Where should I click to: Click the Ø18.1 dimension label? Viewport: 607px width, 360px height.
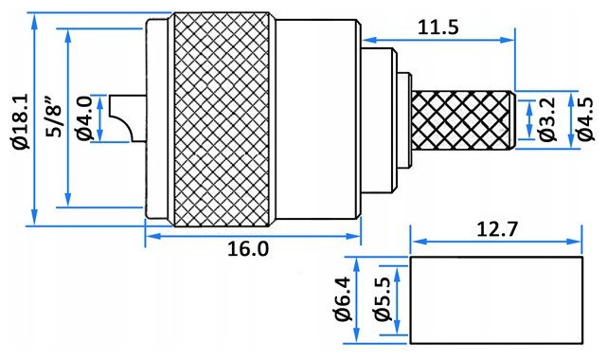click(x=21, y=121)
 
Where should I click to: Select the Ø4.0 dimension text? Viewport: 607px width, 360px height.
click(x=85, y=118)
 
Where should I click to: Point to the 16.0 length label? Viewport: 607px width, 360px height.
click(x=248, y=248)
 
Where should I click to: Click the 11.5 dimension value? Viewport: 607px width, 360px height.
click(x=438, y=27)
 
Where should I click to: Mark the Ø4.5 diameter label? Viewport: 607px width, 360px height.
click(x=584, y=118)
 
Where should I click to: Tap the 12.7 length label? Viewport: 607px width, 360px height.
click(x=496, y=229)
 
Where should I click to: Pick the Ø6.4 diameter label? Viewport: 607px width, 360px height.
click(x=344, y=299)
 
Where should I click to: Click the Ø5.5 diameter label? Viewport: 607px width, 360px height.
click(x=383, y=299)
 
